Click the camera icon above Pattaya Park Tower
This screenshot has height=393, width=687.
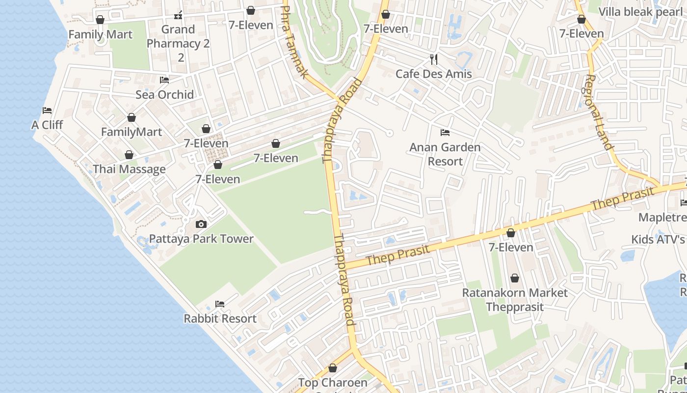coord(201,225)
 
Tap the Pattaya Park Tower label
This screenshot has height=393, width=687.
coord(201,239)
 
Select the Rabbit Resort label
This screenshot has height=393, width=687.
coord(220,319)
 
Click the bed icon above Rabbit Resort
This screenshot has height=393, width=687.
coord(220,304)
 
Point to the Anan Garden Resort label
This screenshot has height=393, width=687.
coord(445,154)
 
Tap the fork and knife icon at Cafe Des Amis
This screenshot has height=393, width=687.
coord(433,59)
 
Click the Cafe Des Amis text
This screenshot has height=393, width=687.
coord(433,74)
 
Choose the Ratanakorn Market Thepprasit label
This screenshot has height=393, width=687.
coord(515,300)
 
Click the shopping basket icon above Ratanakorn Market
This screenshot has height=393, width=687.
coord(514,279)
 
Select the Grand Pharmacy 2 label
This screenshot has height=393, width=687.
coord(178,43)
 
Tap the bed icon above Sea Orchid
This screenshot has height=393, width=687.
coord(164,80)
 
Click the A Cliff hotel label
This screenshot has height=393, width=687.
coord(47,125)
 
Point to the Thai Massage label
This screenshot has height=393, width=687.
coord(129,169)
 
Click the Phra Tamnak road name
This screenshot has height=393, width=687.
coord(295,42)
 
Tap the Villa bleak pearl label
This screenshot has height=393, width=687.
coord(640,12)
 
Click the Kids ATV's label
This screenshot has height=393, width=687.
coord(658,240)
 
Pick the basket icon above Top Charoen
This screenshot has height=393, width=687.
coord(333,368)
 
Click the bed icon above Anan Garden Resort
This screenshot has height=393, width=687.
coord(445,133)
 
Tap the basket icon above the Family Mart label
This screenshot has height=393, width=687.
coord(100,20)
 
